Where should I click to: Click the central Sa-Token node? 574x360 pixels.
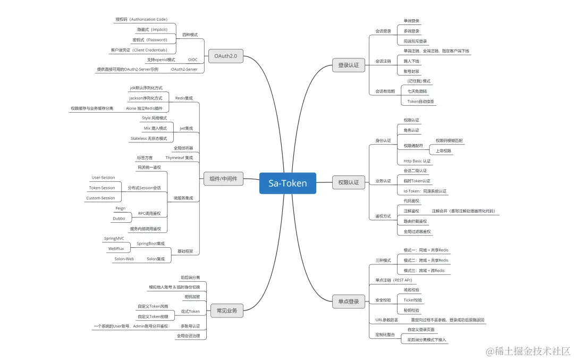(x=288, y=183)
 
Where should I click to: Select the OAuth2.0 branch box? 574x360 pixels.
(x=226, y=55)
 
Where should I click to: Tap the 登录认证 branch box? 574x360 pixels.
(x=349, y=65)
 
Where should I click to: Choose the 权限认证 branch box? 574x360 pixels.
(x=349, y=182)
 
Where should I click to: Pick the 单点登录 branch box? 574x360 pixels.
(x=349, y=302)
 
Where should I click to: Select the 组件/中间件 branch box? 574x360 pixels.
(x=224, y=179)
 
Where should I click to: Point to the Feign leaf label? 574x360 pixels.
(x=120, y=208)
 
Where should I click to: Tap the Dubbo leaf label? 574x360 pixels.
(x=119, y=219)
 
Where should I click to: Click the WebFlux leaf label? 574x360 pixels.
(x=116, y=248)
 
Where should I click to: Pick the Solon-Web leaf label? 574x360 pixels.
(x=124, y=259)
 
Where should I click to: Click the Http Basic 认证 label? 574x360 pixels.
(x=417, y=161)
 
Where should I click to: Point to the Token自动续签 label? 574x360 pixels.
(x=421, y=101)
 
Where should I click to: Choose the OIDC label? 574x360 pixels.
(x=193, y=60)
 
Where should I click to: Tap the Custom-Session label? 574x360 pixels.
(x=100, y=198)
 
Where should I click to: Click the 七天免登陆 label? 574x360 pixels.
(x=417, y=91)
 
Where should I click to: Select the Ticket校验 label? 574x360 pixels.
(x=413, y=300)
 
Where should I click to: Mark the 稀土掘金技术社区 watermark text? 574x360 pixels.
(x=529, y=350)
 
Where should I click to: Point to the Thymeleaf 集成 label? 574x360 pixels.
(x=179, y=157)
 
